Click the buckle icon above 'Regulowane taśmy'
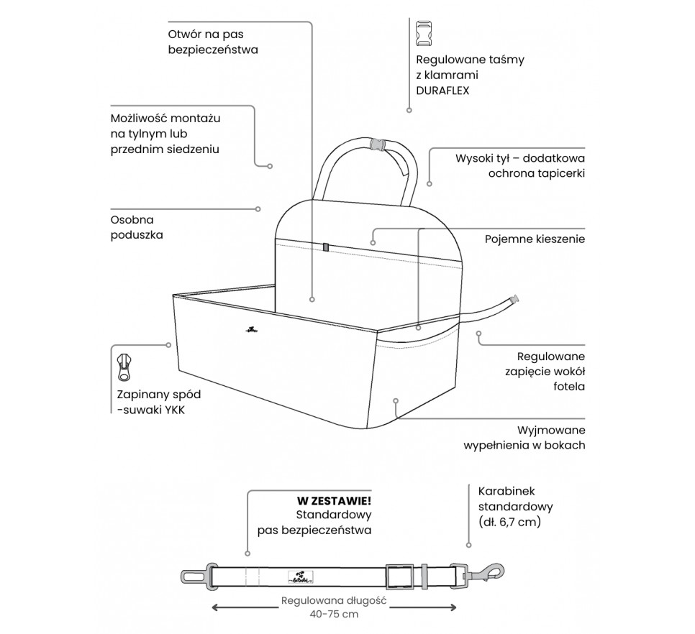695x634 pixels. click(424, 34)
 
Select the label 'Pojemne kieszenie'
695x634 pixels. click(534, 239)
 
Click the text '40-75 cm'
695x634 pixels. click(335, 615)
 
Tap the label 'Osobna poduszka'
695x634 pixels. click(137, 227)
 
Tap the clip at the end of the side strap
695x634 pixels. click(514, 300)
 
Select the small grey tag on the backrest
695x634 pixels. click(325, 247)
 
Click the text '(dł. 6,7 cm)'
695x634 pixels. click(509, 523)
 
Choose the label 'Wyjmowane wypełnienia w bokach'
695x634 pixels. click(525, 438)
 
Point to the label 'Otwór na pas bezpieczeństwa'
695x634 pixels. click(212, 42)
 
